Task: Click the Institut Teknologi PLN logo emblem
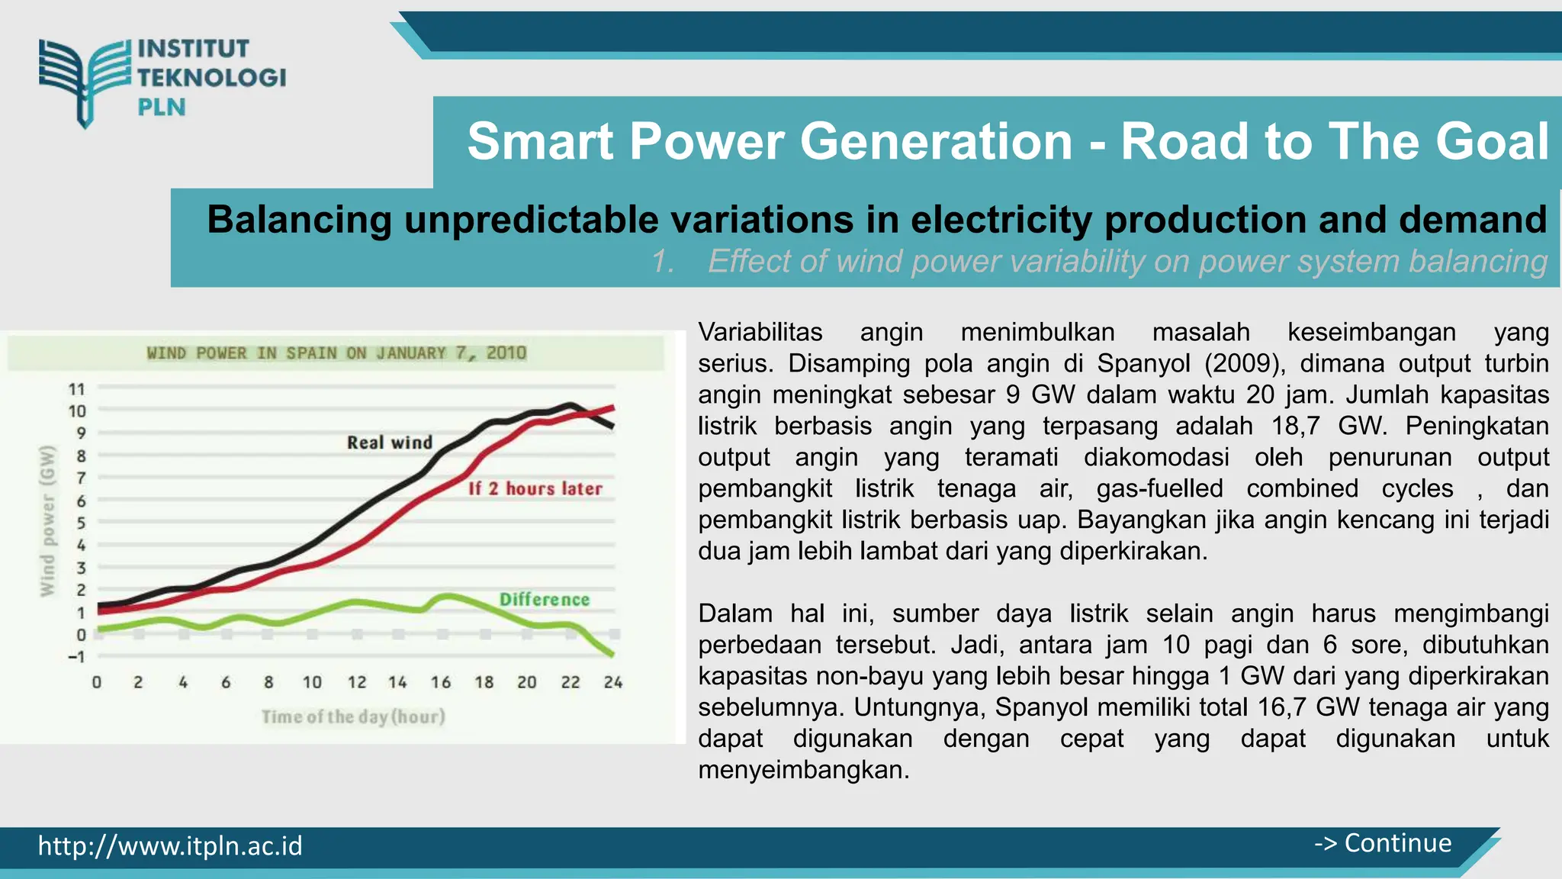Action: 84,80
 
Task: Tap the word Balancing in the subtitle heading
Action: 298,220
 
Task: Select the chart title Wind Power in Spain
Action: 336,353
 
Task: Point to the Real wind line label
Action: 389,443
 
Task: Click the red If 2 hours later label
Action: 535,488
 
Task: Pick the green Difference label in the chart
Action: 544,600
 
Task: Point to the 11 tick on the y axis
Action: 77,390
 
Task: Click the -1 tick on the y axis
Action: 76,657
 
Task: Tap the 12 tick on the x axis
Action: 357,682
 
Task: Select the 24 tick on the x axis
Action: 612,682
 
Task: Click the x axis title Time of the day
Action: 353,716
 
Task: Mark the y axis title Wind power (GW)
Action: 47,521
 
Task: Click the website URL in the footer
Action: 170,845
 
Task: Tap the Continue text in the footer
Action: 1397,843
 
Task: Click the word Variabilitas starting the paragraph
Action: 760,332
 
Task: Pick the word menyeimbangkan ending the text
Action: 803,770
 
